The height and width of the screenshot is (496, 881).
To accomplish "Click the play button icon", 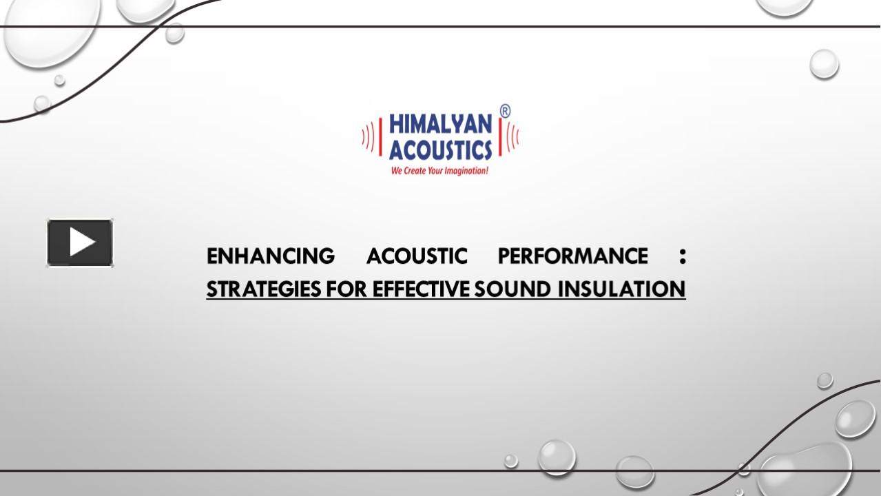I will tap(80, 242).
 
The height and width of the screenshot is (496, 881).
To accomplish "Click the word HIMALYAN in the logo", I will tap(440, 124).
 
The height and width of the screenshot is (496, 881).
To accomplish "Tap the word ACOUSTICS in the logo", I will tap(440, 148).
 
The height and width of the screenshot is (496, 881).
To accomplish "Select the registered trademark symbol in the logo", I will tap(505, 112).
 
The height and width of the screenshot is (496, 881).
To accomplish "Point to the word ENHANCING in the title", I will tap(271, 256).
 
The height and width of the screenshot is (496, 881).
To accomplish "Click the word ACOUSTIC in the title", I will tap(416, 256).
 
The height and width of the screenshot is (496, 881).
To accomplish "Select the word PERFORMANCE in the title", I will tap(572, 256).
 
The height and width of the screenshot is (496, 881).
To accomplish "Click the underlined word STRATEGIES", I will tap(264, 289).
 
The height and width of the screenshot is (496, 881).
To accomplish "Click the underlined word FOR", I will tap(347, 289).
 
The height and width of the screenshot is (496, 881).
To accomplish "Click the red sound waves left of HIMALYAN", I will tap(371, 136).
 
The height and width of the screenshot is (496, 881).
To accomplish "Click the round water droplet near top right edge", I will tap(824, 64).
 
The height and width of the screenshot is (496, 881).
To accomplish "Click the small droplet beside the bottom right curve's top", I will tap(825, 380).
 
